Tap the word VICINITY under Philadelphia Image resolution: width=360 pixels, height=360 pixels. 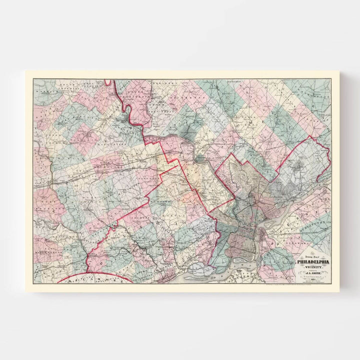tap(313, 267)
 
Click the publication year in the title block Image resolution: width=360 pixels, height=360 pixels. tap(313, 281)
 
